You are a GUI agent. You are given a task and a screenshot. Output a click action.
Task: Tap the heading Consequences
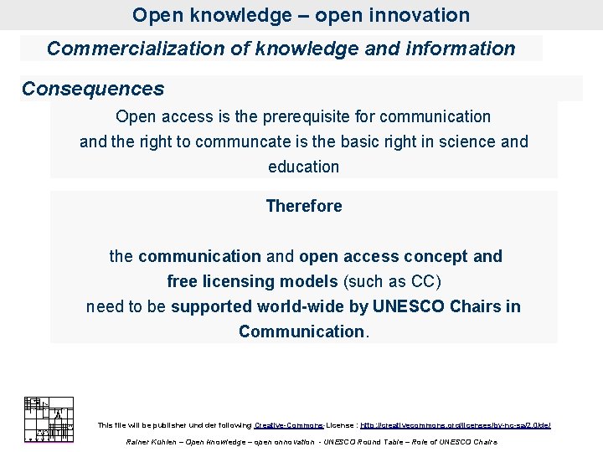tap(93, 89)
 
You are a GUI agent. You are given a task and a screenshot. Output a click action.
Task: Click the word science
tap(464, 141)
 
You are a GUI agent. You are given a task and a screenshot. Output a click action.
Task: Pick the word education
tap(303, 167)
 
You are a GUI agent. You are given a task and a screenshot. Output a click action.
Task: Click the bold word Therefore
tap(303, 206)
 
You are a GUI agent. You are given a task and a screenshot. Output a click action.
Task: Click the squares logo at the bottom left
tap(49, 419)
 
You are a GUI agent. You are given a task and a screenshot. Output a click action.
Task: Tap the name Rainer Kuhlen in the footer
tap(151, 441)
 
